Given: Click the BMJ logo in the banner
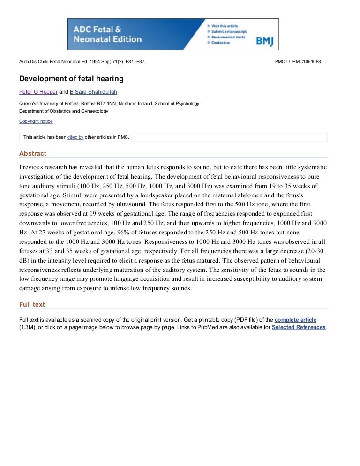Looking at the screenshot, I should click(x=264, y=41).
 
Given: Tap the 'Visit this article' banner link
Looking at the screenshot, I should click(x=225, y=26).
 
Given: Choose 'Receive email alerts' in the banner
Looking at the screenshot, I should click(x=228, y=37).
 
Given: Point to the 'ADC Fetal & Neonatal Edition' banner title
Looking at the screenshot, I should click(x=107, y=34).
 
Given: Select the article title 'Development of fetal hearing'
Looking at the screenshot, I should click(x=71, y=78).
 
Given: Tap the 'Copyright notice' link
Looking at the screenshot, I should click(x=36, y=121).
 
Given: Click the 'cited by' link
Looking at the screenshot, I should click(x=75, y=137).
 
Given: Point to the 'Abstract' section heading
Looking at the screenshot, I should click(x=33, y=153).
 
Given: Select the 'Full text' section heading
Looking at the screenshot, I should click(x=32, y=304).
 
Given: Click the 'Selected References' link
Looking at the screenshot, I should click(x=299, y=327).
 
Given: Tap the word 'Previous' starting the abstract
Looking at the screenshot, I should click(x=32, y=167).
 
